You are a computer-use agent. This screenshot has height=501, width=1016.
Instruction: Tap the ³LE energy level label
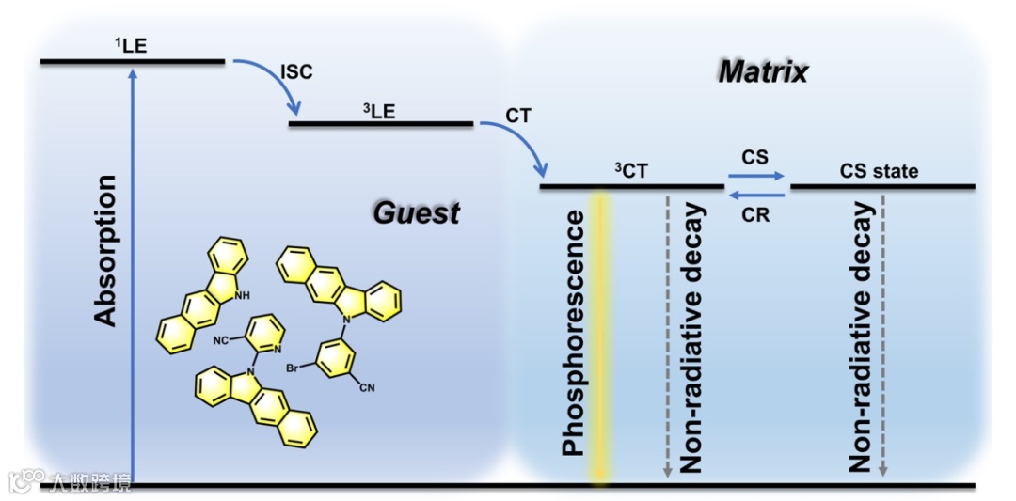379,109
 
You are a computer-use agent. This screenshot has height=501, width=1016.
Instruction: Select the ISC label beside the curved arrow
296,72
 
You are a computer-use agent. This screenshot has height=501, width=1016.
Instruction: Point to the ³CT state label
631,171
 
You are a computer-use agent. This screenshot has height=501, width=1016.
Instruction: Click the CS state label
879,171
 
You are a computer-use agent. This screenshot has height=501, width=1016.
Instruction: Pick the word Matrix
763,71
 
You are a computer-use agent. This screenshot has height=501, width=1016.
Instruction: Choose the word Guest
416,212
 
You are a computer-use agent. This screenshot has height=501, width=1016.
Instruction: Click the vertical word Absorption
108,250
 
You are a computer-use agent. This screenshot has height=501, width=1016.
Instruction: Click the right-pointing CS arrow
755,176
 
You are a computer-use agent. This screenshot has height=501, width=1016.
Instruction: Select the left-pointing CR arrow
755,195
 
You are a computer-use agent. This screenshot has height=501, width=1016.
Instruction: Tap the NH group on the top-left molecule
243,295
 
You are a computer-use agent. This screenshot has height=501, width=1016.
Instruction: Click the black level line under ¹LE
133,62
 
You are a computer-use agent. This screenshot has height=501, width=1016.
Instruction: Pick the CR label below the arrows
755,215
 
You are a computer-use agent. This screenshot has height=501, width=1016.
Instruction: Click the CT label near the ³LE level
518,117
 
